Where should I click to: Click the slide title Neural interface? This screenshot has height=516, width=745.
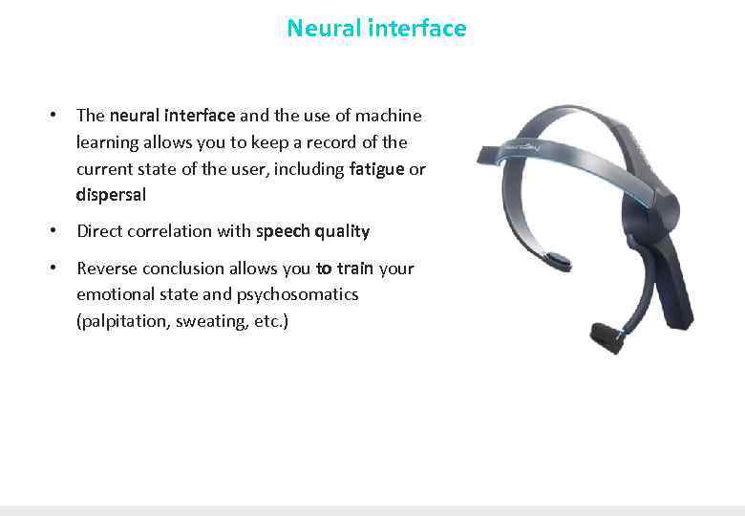[x=376, y=29]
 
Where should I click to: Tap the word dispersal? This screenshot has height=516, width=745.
[x=111, y=195]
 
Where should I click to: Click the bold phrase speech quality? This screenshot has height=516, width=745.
[x=312, y=231]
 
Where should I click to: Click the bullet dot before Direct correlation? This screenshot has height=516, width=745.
[x=56, y=231]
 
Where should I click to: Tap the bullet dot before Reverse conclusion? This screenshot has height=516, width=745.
[x=56, y=269]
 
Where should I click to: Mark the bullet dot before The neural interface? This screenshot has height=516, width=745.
[x=56, y=116]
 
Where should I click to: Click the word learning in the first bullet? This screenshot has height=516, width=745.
[x=107, y=142]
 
